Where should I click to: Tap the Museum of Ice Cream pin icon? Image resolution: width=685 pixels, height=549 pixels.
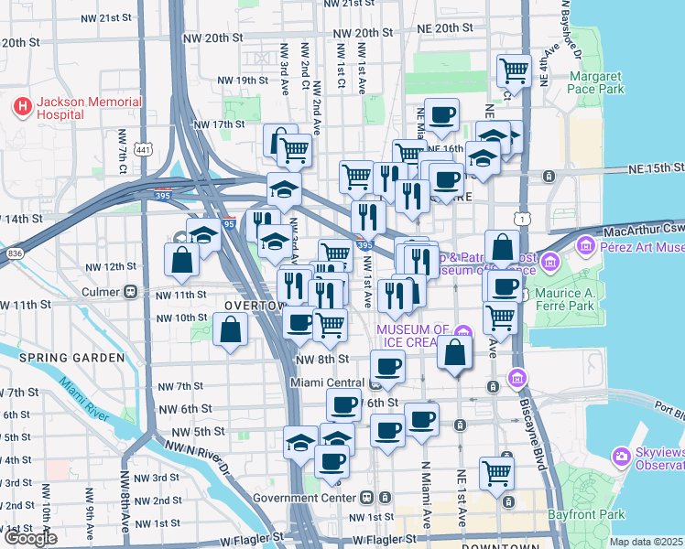[465, 330]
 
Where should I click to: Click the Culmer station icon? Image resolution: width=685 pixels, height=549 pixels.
[131, 293]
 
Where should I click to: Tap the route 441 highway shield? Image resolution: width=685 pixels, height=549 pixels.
[143, 149]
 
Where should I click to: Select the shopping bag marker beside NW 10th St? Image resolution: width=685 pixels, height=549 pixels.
[230, 329]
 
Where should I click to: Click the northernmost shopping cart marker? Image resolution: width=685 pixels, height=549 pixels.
[515, 70]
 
